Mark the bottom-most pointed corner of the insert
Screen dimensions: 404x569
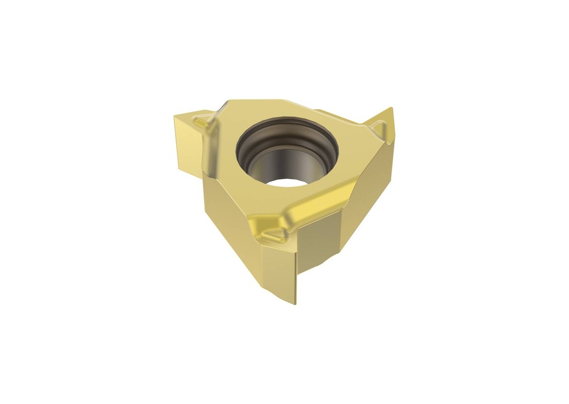[x=296, y=304]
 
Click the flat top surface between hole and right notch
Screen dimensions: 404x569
[x=350, y=139]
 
